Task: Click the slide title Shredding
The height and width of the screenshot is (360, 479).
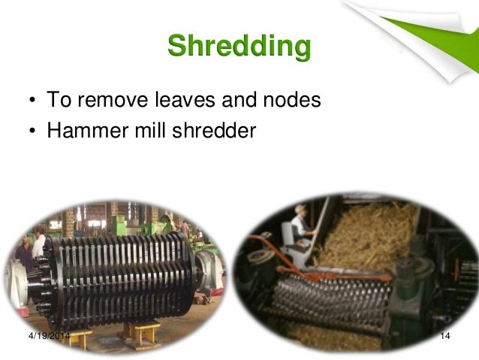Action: point(239,47)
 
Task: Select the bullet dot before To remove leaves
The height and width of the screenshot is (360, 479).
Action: point(33,101)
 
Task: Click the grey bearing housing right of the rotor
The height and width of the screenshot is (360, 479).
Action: point(209,270)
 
